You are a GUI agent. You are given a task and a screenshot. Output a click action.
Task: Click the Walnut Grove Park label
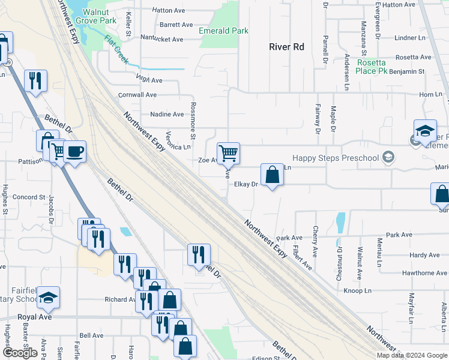(100, 16)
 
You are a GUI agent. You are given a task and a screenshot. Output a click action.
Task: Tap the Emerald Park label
(224, 31)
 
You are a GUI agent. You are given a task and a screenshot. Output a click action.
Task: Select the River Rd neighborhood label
(287, 47)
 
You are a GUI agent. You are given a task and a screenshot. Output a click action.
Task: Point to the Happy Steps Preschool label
(336, 158)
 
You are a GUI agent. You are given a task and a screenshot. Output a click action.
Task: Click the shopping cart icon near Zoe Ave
(228, 153)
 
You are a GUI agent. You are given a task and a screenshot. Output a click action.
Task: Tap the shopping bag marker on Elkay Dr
(273, 175)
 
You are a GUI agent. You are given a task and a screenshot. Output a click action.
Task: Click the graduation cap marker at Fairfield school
(48, 296)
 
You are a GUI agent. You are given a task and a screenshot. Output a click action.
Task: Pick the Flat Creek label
(116, 48)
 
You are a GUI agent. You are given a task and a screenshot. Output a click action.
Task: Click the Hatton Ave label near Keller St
(169, 10)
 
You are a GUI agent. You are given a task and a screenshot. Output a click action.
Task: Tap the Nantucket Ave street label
(162, 39)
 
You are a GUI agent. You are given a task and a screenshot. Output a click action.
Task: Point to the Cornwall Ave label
(137, 95)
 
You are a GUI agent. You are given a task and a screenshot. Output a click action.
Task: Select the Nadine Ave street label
(167, 114)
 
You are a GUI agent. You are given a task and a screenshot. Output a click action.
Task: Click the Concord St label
(29, 197)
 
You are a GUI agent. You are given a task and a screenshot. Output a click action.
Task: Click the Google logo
(20, 353)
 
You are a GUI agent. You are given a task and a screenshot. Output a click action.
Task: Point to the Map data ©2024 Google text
(411, 355)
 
